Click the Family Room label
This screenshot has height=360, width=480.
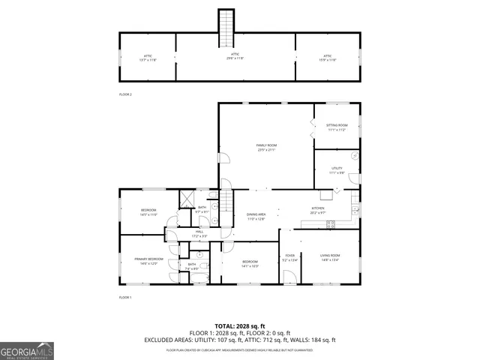click(x=266, y=145)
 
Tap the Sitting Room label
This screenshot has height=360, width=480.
click(x=337, y=125)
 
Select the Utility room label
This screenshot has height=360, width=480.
click(x=337, y=169)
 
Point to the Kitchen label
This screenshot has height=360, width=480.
click(x=318, y=209)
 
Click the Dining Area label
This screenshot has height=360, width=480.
click(x=256, y=215)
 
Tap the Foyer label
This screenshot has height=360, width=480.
click(x=289, y=256)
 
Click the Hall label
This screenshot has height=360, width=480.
click(x=199, y=232)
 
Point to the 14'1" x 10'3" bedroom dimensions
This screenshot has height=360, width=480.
click(x=250, y=266)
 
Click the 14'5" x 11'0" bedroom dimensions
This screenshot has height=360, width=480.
click(x=148, y=214)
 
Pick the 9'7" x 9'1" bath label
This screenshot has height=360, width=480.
click(x=202, y=211)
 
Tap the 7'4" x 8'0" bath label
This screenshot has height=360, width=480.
click(x=192, y=268)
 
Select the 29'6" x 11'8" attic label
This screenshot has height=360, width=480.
click(x=235, y=57)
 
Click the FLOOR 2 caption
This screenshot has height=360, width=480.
click(x=125, y=94)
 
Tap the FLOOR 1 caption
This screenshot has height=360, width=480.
click(x=125, y=298)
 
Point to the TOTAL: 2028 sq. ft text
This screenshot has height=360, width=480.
click(x=240, y=326)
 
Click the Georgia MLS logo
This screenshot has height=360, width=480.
click(x=27, y=350)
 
